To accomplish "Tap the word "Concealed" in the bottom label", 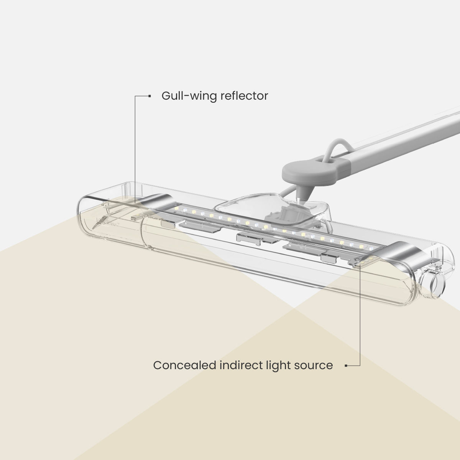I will (x=185, y=365).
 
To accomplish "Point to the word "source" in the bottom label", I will (x=313, y=365).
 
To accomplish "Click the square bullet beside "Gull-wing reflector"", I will (x=149, y=96).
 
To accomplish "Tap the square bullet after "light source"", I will (x=346, y=365).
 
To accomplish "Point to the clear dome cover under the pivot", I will (x=249, y=203).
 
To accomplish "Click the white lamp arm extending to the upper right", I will (x=406, y=138).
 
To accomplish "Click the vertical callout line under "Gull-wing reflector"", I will (x=135, y=146).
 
